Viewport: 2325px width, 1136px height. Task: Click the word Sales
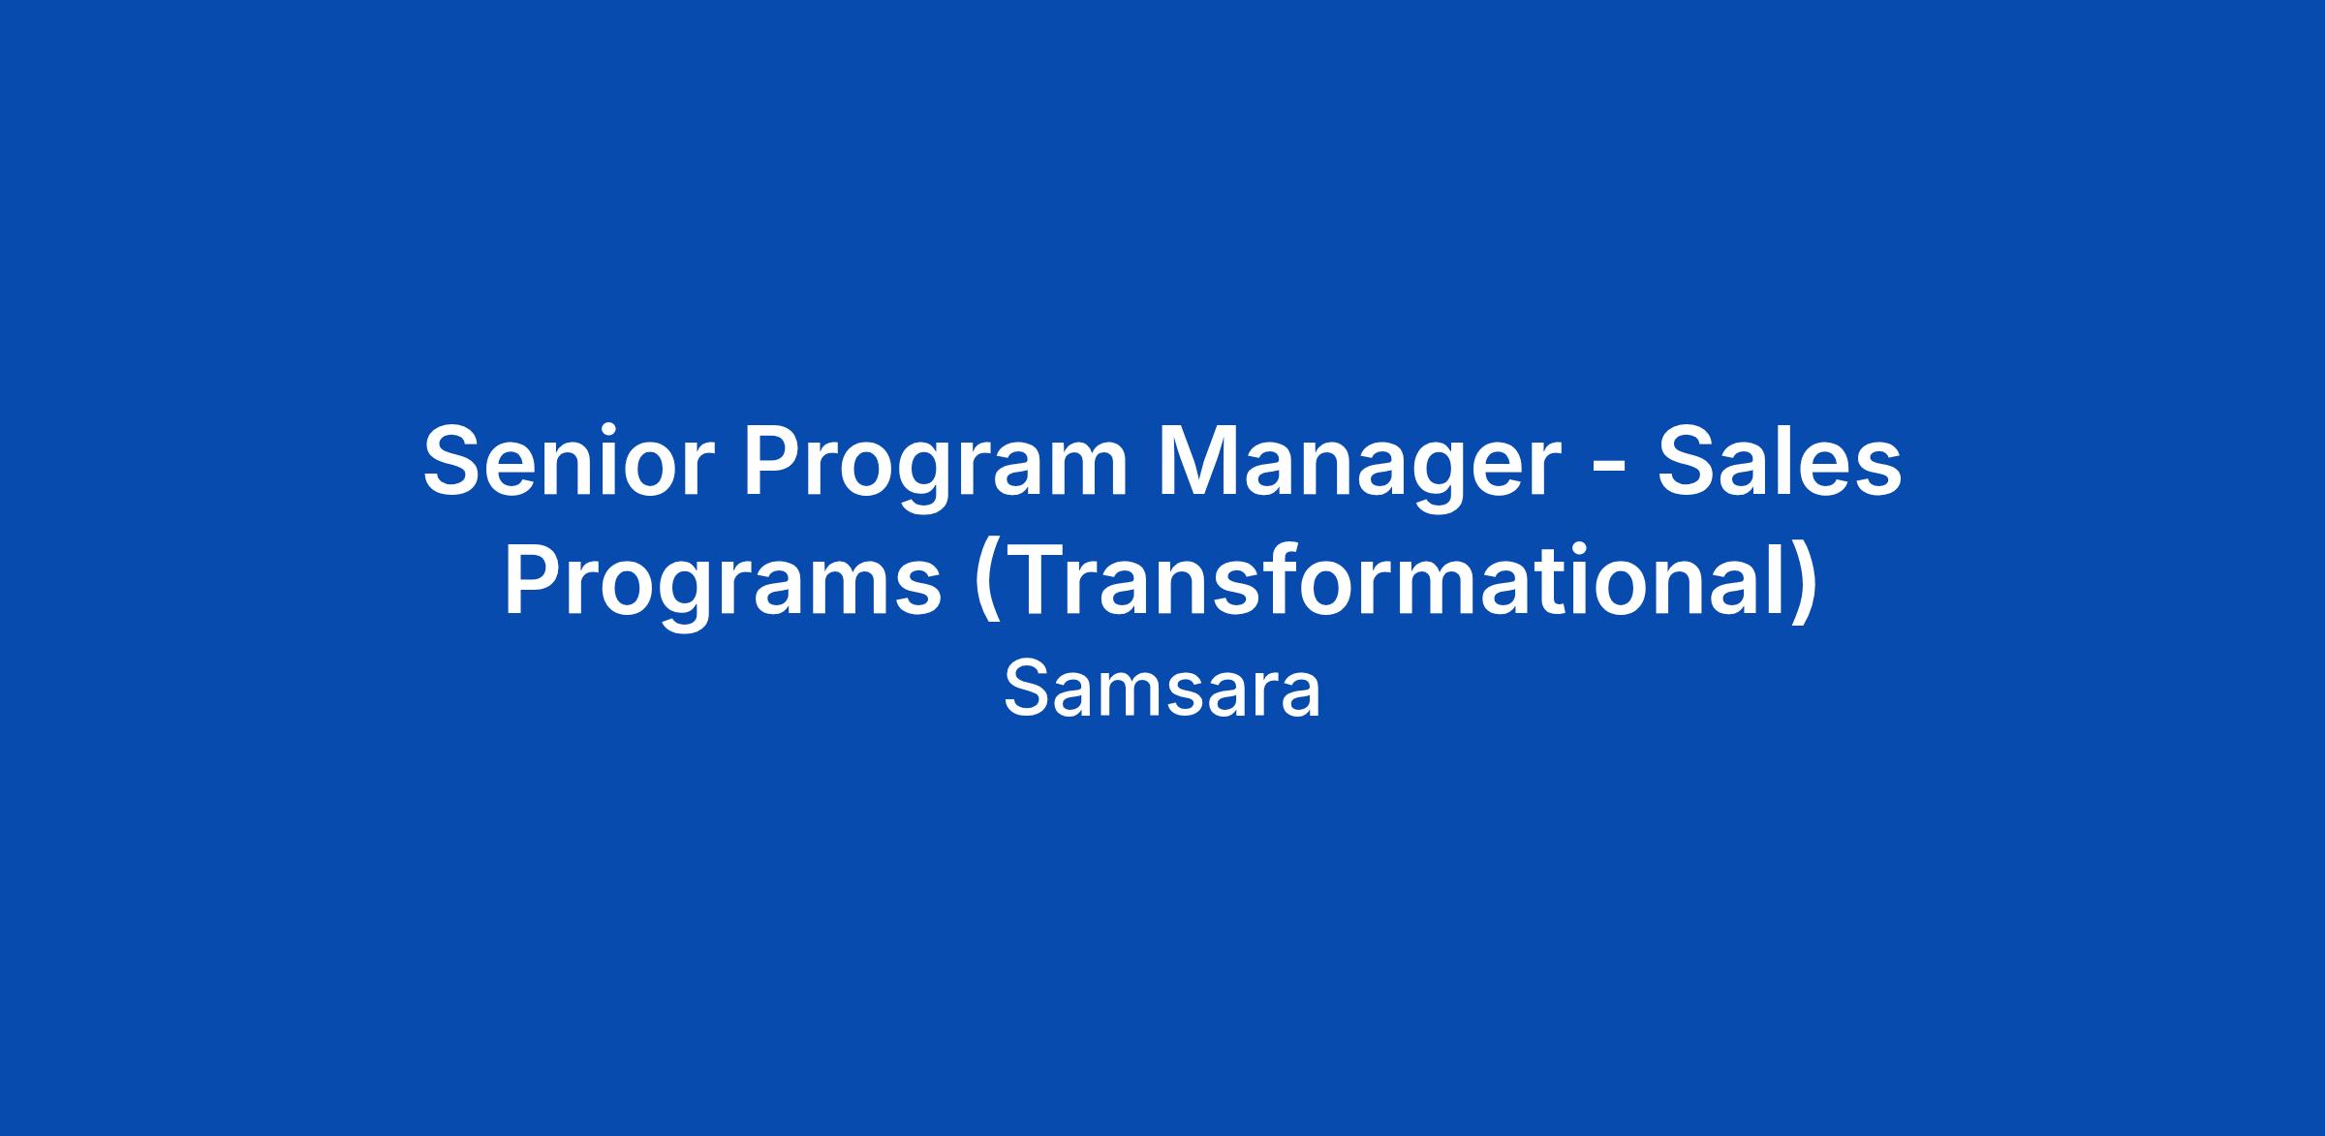tap(1780, 461)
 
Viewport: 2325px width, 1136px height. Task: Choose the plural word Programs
tap(723, 589)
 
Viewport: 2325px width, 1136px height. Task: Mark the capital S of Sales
tap(1689, 461)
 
